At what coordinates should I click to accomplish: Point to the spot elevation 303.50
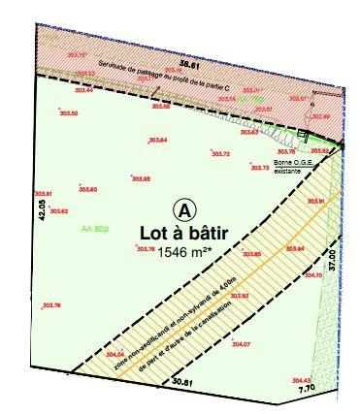[x=69, y=114]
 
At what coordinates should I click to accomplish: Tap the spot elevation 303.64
[x=158, y=142]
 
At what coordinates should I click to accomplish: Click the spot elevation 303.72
[x=220, y=154]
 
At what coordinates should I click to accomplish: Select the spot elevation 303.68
[x=141, y=179]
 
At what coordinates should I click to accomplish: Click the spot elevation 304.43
[x=302, y=379]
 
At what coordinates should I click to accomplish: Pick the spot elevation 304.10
[x=312, y=275]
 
